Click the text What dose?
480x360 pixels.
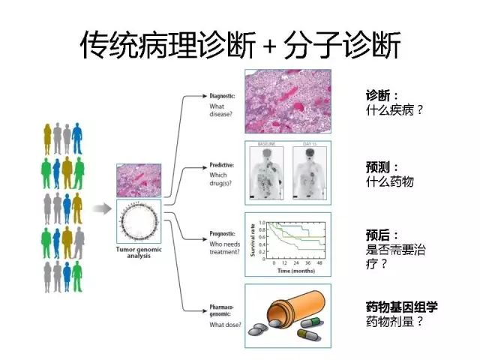224,323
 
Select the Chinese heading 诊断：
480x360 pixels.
382,96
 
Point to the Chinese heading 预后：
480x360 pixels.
382,235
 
